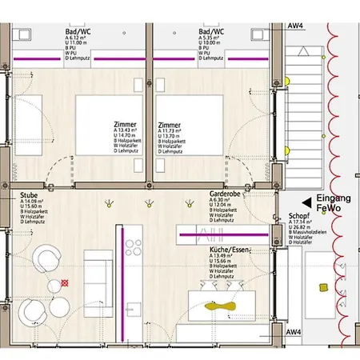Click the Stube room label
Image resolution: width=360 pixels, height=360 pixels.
coord(30,194)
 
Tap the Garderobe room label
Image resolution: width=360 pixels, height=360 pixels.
coord(225,194)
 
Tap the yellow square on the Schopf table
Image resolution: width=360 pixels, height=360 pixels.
coord(323,286)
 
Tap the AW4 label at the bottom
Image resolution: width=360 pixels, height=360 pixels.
coord(294,331)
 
